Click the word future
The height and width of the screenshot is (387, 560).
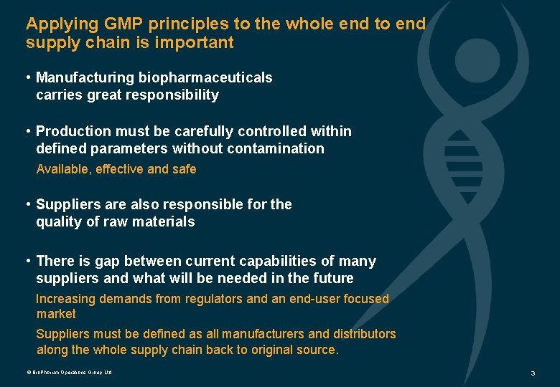point(332,278)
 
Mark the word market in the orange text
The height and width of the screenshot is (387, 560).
point(56,314)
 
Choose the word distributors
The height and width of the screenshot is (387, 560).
point(364,334)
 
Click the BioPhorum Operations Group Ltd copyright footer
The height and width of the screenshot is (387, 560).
point(70,373)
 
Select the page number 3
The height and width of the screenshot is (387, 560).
point(533,373)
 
